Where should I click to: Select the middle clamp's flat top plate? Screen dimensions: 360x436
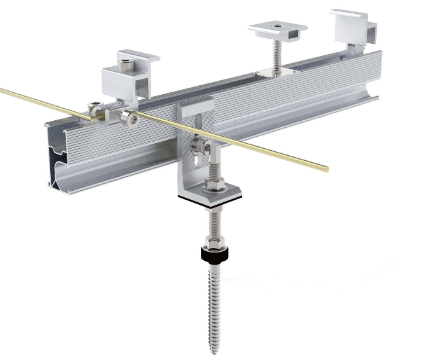(x=277, y=29)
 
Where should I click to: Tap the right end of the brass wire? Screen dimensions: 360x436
(x=326, y=169)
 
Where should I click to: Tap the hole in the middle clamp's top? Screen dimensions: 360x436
(x=277, y=26)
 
